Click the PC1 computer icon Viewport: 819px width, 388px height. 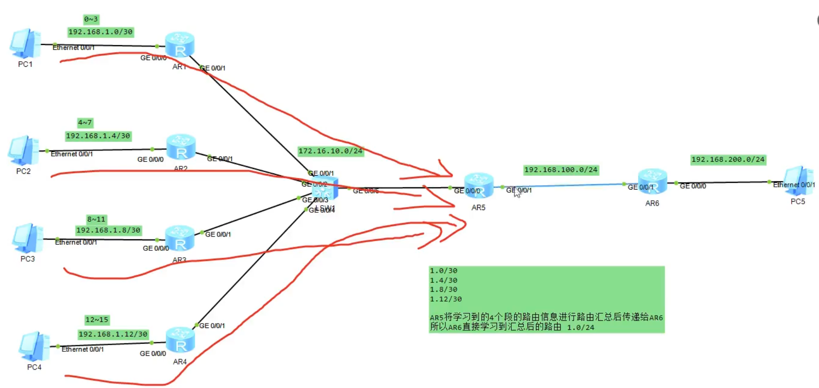pyautogui.click(x=26, y=43)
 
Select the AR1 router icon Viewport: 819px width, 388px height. pyautogui.click(x=179, y=45)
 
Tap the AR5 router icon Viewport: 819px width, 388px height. pyautogui.click(x=479, y=186)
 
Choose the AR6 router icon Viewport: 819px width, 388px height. pyautogui.click(x=652, y=181)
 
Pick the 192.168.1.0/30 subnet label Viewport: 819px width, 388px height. pyautogui.click(x=100, y=32)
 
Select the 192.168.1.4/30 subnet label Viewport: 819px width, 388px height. pyautogui.click(x=98, y=136)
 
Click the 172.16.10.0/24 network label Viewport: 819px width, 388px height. pyautogui.click(x=330, y=151)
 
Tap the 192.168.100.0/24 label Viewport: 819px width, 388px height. pyautogui.click(x=561, y=170)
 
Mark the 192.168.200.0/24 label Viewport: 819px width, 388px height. pyautogui.click(x=728, y=160)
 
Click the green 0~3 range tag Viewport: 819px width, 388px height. pyautogui.click(x=91, y=19)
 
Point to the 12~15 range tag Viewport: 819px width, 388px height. pyautogui.click(x=97, y=320)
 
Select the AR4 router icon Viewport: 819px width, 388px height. pyautogui.click(x=180, y=341)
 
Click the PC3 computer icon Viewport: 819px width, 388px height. pyautogui.click(x=28, y=238)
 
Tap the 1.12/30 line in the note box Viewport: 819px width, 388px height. pyautogui.click(x=445, y=299)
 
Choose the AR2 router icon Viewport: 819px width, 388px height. pyautogui.click(x=181, y=148)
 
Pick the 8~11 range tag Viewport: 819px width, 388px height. pyautogui.click(x=96, y=219)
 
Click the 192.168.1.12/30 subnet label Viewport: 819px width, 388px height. pyautogui.click(x=113, y=334)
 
